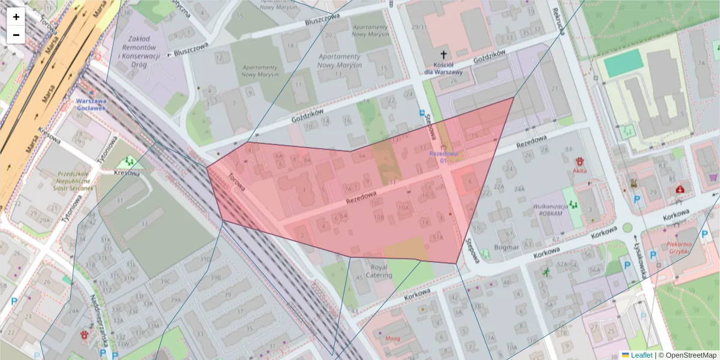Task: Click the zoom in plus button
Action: (16, 16)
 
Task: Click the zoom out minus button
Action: (16, 35)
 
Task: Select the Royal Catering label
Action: (379, 271)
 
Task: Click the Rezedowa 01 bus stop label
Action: (443, 156)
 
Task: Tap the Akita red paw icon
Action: (580, 161)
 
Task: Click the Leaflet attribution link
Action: (641, 355)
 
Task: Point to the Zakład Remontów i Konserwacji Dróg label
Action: (139, 47)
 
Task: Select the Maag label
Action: (392, 338)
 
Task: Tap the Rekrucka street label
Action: (557, 22)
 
